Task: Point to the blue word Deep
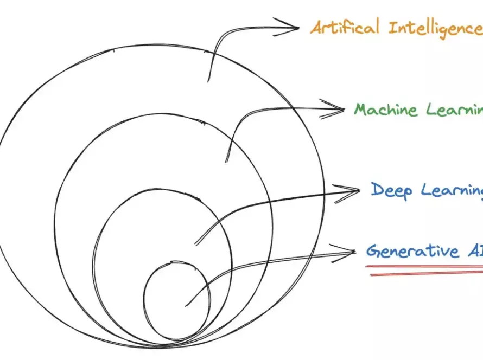(392, 190)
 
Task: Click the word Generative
(412, 252)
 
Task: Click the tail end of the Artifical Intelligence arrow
(208, 81)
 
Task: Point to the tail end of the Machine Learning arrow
(226, 161)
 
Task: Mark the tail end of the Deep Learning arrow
(195, 244)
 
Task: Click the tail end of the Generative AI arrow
(186, 304)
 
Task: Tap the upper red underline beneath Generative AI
(423, 266)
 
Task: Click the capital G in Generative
(372, 252)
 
